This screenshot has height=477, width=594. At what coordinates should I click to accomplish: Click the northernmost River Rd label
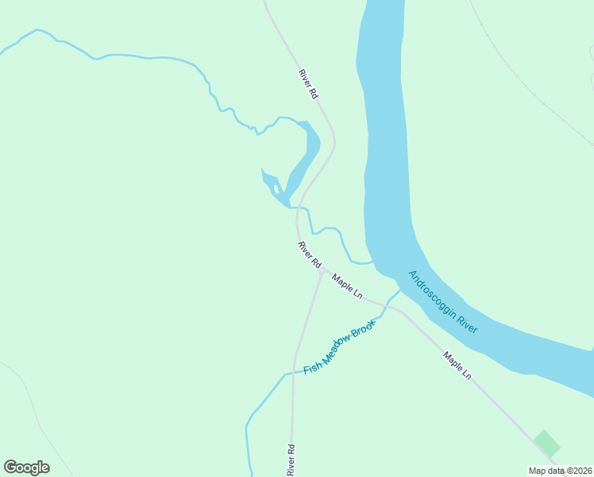pos(308,83)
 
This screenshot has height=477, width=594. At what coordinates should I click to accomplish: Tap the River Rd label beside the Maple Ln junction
pos(309,254)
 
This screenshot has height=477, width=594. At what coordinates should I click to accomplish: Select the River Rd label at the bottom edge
pos(291,460)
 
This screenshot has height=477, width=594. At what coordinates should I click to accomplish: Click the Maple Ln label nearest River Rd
pos(347,286)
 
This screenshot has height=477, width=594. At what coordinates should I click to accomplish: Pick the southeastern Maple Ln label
pos(457,366)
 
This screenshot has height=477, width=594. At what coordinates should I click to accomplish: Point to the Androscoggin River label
pos(442,301)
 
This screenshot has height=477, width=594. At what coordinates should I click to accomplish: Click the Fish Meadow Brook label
pos(338,349)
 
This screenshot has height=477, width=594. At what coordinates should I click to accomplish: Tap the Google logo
pos(26,467)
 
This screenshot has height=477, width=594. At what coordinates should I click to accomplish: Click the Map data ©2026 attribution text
pos(561,471)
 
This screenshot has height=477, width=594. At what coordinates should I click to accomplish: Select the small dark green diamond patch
pos(546,443)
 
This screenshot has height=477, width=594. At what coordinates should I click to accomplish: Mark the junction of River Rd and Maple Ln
pos(322,270)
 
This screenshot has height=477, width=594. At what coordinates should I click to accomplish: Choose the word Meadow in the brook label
pos(335,351)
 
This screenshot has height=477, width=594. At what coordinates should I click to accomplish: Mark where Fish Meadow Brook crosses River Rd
pos(293,371)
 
